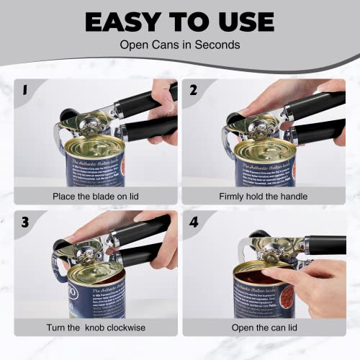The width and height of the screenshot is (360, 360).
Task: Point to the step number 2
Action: [193, 91]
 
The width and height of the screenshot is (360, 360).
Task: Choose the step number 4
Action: [193, 222]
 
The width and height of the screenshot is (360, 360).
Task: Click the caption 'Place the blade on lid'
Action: [96, 196]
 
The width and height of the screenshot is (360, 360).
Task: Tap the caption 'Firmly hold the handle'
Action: [264, 196]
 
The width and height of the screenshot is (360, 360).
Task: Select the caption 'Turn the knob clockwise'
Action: [96, 328]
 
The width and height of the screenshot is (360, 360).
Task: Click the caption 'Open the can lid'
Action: [264, 328]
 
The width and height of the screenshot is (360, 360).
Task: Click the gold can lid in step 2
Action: [265, 150]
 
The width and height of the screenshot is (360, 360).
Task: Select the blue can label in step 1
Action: [94, 173]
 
